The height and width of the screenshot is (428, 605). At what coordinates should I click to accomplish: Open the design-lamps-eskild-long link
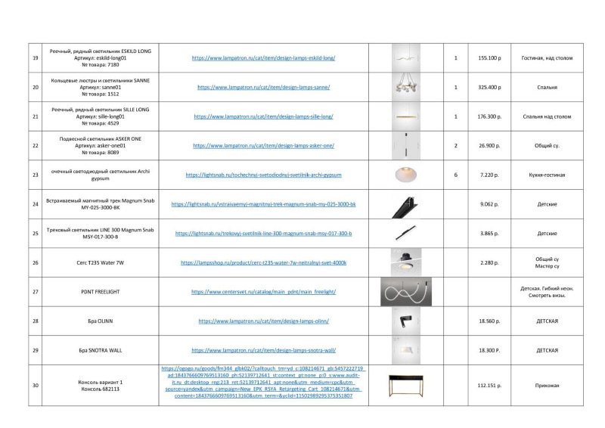point(263,58)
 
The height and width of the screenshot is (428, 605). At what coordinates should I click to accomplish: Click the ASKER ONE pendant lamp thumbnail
point(405,145)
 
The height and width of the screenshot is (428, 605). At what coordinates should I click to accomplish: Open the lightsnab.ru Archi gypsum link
point(263,175)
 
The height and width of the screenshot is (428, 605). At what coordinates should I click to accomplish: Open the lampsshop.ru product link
point(263,263)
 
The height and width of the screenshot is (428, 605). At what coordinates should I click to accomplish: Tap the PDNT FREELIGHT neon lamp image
point(405,292)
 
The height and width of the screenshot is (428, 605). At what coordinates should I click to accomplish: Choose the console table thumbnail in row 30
point(405,386)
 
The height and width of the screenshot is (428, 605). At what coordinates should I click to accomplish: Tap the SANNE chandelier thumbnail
point(405,87)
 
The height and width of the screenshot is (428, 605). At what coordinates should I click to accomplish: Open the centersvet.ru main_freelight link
point(263,292)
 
